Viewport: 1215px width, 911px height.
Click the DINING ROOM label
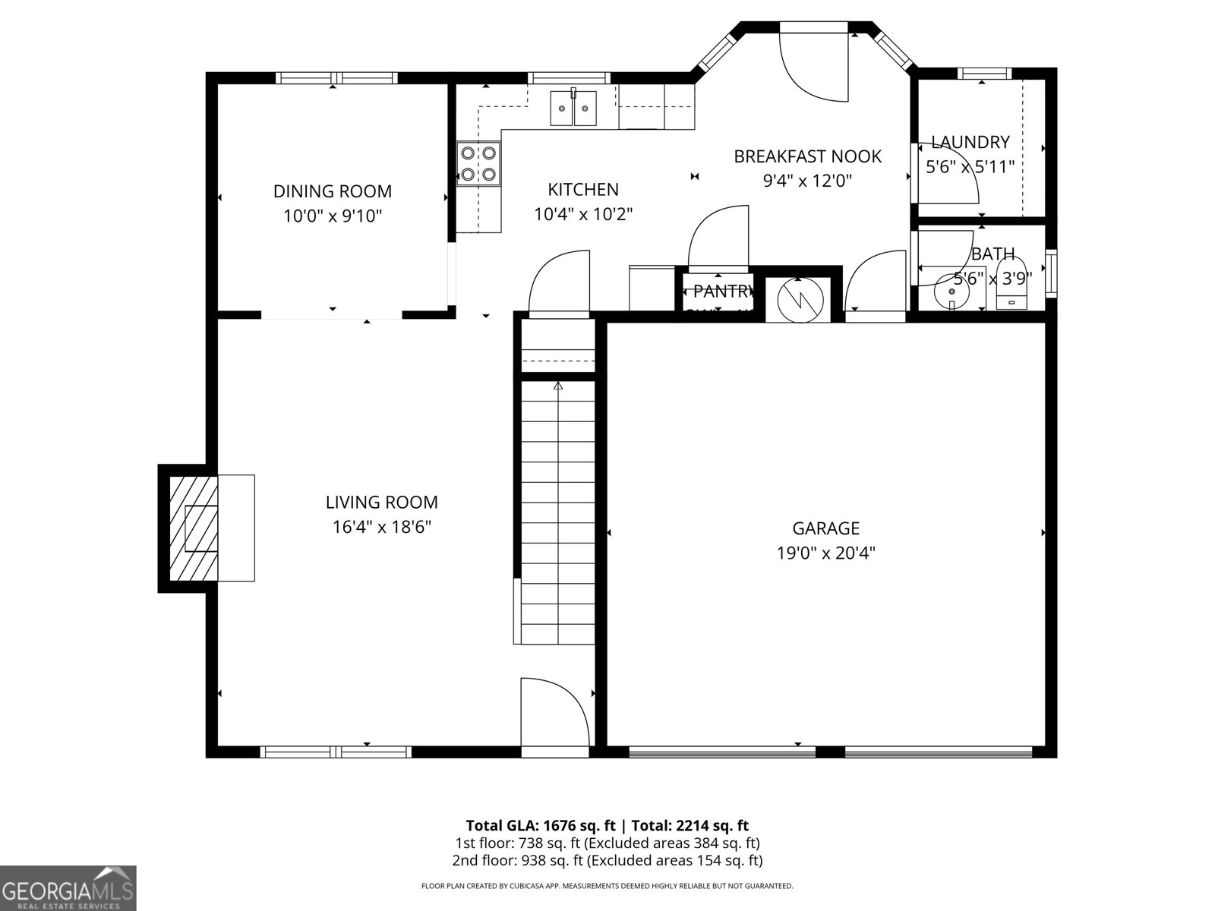point(333,191)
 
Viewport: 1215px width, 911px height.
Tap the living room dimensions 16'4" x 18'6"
point(381,527)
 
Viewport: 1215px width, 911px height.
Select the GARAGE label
point(825,528)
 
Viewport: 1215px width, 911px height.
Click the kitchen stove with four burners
point(478,164)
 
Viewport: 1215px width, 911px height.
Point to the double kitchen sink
point(573,108)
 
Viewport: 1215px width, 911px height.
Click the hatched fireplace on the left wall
point(193,528)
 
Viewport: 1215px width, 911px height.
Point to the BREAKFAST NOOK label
point(807,156)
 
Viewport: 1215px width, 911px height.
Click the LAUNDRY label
point(970,142)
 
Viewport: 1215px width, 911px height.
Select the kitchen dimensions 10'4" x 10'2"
point(583,214)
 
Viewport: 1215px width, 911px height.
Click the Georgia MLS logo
point(68,887)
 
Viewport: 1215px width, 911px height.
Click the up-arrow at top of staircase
point(558,386)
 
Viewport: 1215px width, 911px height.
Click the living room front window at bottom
point(336,752)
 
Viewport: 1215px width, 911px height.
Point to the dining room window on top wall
point(336,77)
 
